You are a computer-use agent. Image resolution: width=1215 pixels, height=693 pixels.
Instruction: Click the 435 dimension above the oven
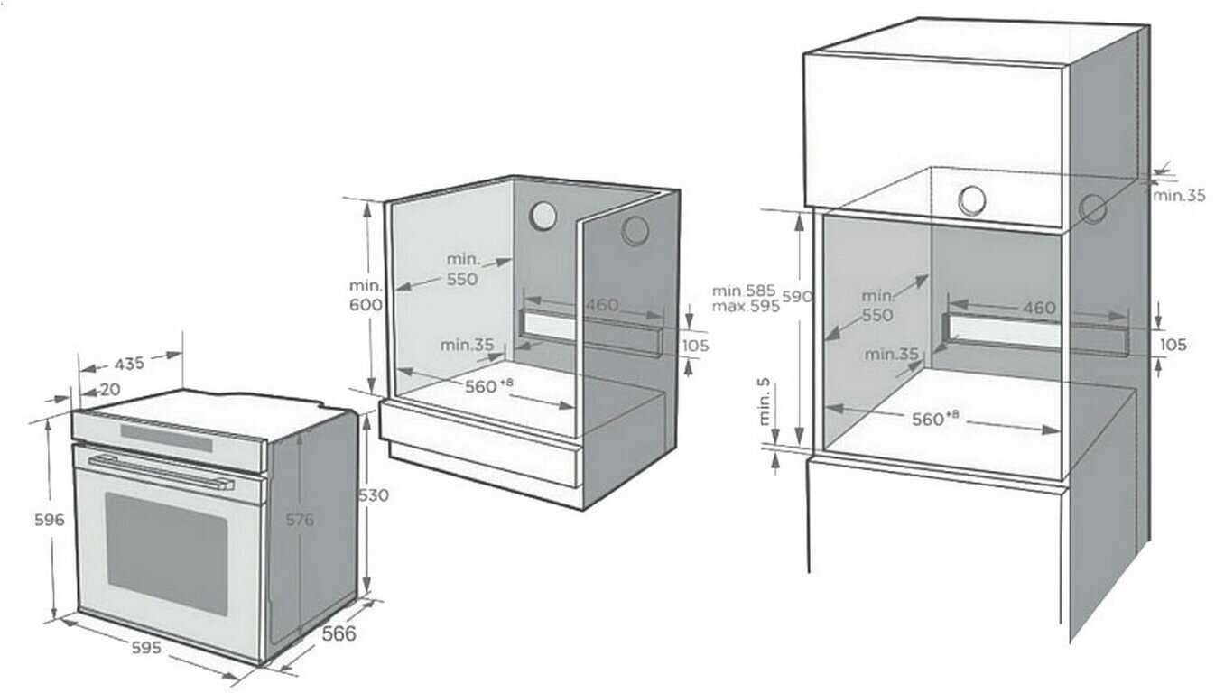pyautogui.click(x=129, y=364)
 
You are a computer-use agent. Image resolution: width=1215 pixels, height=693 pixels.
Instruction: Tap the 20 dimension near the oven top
pyautogui.click(x=110, y=389)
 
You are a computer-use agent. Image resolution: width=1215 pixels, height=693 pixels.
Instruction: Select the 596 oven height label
pyautogui.click(x=50, y=520)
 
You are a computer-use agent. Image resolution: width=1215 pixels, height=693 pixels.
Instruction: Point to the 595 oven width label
pyautogui.click(x=146, y=648)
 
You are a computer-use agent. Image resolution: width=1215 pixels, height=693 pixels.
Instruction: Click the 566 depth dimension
pyautogui.click(x=339, y=633)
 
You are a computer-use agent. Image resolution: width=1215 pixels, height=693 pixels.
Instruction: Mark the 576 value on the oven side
pyautogui.click(x=300, y=520)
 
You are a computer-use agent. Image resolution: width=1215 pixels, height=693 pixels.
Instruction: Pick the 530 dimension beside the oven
pyautogui.click(x=375, y=495)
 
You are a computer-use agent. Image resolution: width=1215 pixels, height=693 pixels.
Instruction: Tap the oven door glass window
pyautogui.click(x=167, y=554)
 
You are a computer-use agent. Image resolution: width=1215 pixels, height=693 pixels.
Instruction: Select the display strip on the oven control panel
pyautogui.click(x=166, y=439)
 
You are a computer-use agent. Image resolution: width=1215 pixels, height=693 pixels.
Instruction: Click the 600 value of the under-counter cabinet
pyautogui.click(x=366, y=305)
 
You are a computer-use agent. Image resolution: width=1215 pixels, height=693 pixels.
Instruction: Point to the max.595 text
pyautogui.click(x=746, y=307)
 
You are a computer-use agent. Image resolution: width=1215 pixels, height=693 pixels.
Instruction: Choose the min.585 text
pyautogui.click(x=744, y=291)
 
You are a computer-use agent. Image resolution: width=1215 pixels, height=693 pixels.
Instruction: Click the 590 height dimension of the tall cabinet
pyautogui.click(x=797, y=297)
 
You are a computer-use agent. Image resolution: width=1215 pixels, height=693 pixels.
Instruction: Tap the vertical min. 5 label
pyautogui.click(x=765, y=402)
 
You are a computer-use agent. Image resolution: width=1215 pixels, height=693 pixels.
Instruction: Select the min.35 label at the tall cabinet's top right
pyautogui.click(x=1179, y=195)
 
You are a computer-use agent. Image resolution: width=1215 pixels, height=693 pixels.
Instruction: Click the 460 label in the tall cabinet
pyautogui.click(x=1039, y=308)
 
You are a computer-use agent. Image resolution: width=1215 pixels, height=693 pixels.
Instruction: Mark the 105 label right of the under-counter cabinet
pyautogui.click(x=695, y=346)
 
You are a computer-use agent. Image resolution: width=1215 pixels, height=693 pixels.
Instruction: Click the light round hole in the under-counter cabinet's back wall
pyautogui.click(x=543, y=216)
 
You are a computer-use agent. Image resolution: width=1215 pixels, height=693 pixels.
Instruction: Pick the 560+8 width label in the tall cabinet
pyautogui.click(x=935, y=418)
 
